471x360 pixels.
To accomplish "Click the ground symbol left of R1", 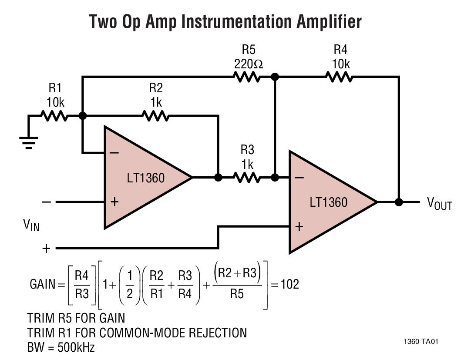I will tap(29, 142).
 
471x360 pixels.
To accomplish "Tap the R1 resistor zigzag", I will tap(54, 116).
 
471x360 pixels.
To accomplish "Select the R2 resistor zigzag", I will tap(155, 116).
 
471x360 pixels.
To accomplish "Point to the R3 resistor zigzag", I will tap(247, 178).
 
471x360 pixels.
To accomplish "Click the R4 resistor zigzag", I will tap(339, 77).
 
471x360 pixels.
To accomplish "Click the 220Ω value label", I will tap(248, 64).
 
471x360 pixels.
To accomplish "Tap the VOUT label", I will tap(439, 203).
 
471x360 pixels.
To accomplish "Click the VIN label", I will tap(31, 225).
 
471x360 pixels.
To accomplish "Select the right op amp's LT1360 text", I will tap(329, 202).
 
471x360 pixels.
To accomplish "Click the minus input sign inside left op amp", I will tap(114, 153).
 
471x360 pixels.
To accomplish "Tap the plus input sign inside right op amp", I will tap(299, 227).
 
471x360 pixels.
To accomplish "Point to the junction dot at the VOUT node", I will tap(398, 202).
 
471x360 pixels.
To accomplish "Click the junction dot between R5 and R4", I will tap(275, 77).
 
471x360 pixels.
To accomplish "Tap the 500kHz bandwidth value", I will tap(77, 348).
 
